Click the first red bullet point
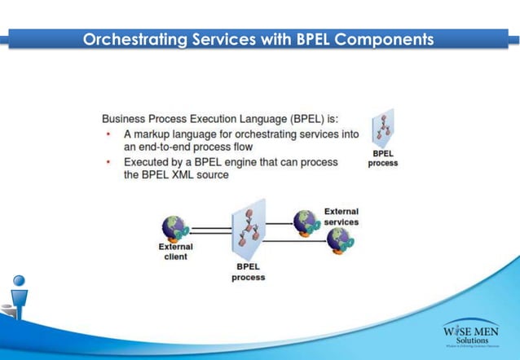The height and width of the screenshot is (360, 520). tap(109, 133)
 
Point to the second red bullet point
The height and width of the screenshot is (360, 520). tap(109, 162)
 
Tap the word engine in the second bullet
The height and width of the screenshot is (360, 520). tap(237, 162)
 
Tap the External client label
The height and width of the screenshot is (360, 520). tap(175, 251)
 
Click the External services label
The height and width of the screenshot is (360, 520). tap(341, 216)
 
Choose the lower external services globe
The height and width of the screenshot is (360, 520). tap(337, 240)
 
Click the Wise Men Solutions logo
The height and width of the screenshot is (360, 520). tap(471, 334)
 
